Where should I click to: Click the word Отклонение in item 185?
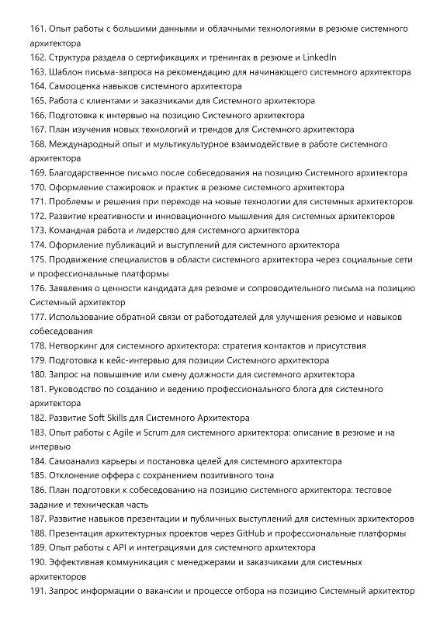pyautogui.click(x=76, y=475)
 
